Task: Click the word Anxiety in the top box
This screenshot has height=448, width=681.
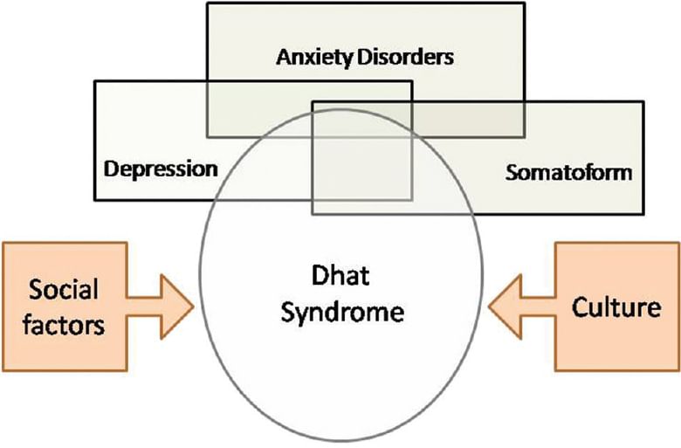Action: [x=314, y=58]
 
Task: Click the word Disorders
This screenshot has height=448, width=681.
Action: [x=405, y=57]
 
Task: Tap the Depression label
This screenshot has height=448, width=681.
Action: [x=161, y=169]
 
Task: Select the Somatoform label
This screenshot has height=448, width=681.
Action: [x=568, y=173]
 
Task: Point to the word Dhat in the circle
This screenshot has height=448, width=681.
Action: [x=340, y=275]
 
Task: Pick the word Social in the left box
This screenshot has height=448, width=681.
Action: [x=64, y=289]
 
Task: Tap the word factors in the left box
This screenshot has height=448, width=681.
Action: [x=64, y=325]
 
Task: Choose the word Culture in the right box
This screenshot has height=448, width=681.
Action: [x=616, y=307]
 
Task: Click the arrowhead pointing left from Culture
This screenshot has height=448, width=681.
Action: [x=506, y=307]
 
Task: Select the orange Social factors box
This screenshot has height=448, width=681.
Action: [x=65, y=307]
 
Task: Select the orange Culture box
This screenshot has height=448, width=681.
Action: [x=617, y=307]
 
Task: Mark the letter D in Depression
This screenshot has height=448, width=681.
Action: [x=111, y=169]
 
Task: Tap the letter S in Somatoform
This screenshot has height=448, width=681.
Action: [x=512, y=173]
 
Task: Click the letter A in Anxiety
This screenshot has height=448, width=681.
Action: [x=285, y=58]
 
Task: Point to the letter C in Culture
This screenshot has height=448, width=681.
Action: [x=580, y=307]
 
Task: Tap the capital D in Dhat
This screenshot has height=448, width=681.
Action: [x=320, y=275]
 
